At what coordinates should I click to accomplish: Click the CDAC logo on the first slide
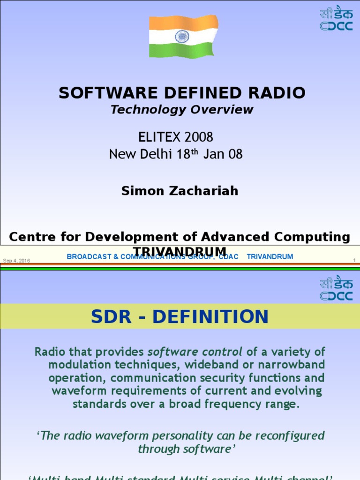click(336, 19)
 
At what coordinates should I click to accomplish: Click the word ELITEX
click(157, 137)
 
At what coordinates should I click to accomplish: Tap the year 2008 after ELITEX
click(199, 137)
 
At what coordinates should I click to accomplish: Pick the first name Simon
click(141, 191)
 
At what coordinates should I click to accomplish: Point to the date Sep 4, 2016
click(16, 260)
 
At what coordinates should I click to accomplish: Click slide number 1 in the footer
click(354, 260)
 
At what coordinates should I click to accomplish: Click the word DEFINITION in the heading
click(210, 316)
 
